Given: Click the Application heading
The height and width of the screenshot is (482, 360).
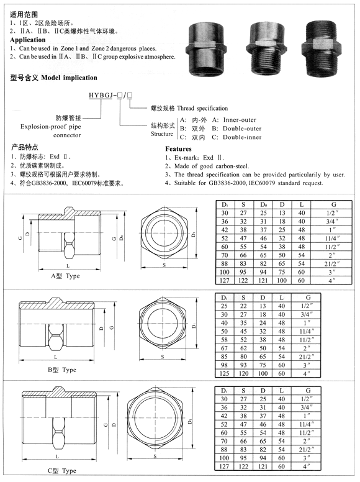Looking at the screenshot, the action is tap(28, 40).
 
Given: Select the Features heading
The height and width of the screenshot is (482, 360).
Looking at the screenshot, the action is tap(178, 149).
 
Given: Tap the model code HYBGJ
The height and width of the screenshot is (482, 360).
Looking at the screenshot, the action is tap(101, 95).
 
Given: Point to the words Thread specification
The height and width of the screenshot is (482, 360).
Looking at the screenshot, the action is tap(202, 108).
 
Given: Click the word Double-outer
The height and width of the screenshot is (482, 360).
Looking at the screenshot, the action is tap(242, 129).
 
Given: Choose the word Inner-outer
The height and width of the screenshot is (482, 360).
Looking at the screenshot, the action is tap(240, 120).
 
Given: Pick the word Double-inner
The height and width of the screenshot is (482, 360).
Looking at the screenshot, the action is tap(242, 137).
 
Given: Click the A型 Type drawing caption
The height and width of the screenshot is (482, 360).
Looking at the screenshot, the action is tap(65, 276).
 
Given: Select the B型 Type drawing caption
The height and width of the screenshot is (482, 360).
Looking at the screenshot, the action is tap(61, 370).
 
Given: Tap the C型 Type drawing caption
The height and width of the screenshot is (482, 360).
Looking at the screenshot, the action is tap(61, 471).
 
